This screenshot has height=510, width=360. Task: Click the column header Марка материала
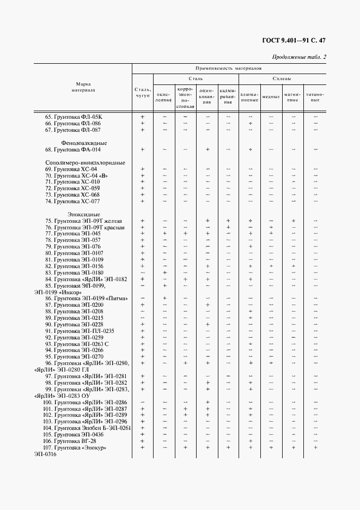tap(83, 87)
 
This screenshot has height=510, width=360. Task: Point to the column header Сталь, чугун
tap(142, 93)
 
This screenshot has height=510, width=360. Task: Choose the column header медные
tap(271, 96)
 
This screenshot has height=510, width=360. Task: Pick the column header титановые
tap(315, 97)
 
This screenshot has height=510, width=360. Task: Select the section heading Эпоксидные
tap(81, 214)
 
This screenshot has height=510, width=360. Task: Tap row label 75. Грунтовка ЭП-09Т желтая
tap(83, 221)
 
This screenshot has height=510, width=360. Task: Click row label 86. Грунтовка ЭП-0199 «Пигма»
tap(86, 299)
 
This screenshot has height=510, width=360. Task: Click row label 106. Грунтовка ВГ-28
tap(71, 441)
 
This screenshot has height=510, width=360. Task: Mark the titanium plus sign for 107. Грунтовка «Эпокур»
tap(315, 447)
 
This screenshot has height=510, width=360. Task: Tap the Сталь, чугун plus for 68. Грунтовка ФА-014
tap(142, 149)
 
